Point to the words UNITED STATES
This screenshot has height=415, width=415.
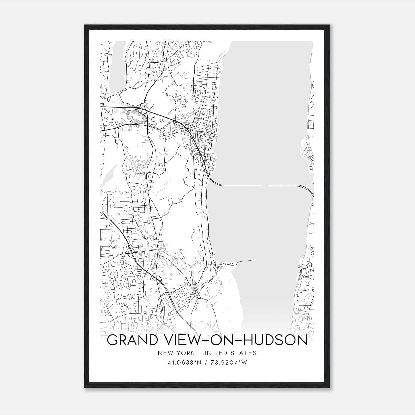[229, 353]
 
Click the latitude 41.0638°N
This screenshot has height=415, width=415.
[185, 363]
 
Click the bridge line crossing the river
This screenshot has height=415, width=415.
[259, 185]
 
